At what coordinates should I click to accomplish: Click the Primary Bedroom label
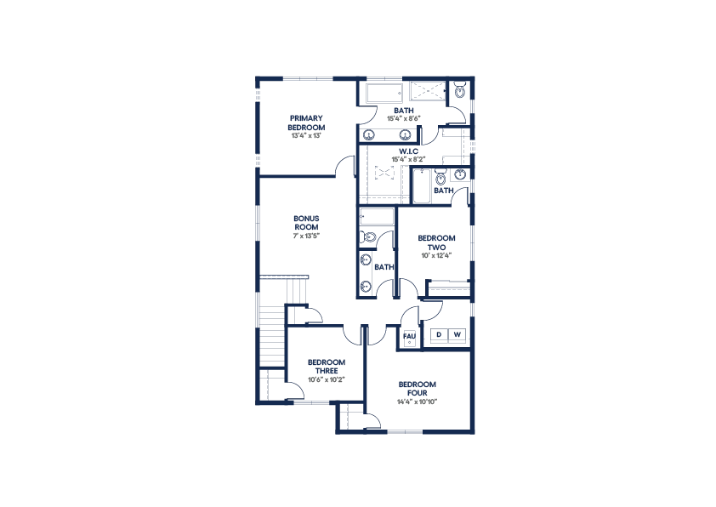306,122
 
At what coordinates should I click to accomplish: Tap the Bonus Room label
306,223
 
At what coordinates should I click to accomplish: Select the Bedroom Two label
436,242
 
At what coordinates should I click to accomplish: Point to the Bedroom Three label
327,367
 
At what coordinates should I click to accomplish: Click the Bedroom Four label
418,389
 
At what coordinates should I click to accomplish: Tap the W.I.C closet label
408,151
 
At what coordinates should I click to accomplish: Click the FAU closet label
409,336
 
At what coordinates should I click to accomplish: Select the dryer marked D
439,334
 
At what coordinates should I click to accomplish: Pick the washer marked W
457,334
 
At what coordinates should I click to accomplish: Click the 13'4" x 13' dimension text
306,135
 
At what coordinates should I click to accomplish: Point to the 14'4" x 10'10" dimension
418,402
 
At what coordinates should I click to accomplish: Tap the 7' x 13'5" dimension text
306,236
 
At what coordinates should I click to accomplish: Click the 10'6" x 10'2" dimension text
327,379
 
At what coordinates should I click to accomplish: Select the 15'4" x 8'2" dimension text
408,159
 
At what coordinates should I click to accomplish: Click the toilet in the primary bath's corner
459,90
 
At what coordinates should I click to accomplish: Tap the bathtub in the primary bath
384,94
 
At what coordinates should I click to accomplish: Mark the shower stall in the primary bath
428,90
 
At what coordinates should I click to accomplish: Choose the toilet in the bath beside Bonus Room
368,237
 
